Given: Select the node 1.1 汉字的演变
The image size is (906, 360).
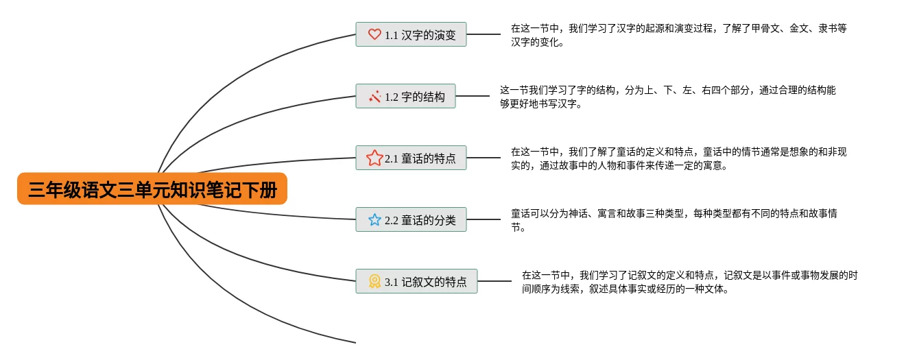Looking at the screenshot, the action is tap(411, 34).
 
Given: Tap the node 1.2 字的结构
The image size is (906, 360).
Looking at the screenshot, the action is tap(405, 97).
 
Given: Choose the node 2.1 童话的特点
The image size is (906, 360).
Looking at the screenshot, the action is tap(411, 158).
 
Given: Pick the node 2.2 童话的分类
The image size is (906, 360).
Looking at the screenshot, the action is tap(411, 220).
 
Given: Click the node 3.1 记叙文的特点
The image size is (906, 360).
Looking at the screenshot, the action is tap(416, 281).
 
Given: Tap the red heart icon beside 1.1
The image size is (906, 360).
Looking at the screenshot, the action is tap(374, 34).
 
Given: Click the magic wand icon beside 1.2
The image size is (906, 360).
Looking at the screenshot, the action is tap(374, 97).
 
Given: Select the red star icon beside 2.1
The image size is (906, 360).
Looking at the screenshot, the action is tap(374, 158).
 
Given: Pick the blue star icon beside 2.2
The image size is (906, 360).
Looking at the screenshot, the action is tap(374, 220).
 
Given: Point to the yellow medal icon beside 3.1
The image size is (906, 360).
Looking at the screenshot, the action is tap(374, 281).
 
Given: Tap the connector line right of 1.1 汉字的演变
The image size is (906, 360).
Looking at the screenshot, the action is tap(484, 34).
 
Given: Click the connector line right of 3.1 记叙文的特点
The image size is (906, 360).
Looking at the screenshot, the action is tap(494, 281).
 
